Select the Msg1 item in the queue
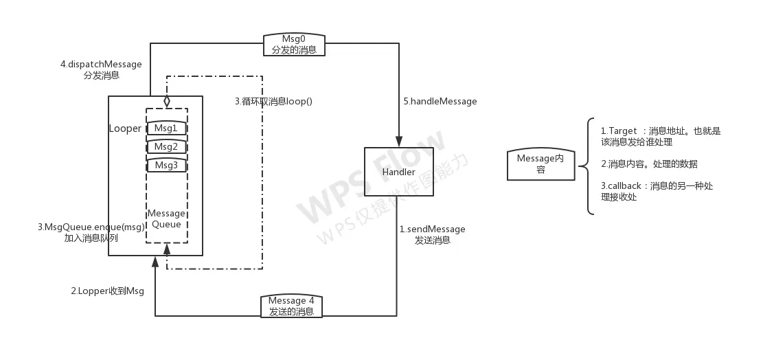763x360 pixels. point(166,128)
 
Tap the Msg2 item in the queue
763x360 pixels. point(166,147)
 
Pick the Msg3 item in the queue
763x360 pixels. point(166,166)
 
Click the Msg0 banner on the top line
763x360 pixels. point(293,45)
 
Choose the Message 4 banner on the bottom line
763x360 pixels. point(292,306)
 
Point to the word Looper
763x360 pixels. point(125,128)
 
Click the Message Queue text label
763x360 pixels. point(166,219)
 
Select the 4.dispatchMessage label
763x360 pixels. point(101,69)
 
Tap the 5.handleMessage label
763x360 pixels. point(440,102)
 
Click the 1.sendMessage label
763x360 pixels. point(433,234)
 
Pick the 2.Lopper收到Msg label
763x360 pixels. point(108,291)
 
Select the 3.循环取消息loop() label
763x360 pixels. point(273,102)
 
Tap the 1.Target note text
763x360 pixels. point(660,136)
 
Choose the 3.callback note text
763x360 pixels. point(657,191)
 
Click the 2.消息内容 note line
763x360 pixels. point(649,164)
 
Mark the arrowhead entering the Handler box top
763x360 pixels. point(399,141)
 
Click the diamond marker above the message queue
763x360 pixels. point(166,101)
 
